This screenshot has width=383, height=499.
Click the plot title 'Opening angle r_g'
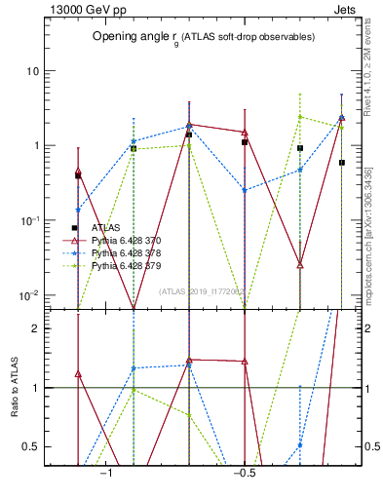[133, 36]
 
